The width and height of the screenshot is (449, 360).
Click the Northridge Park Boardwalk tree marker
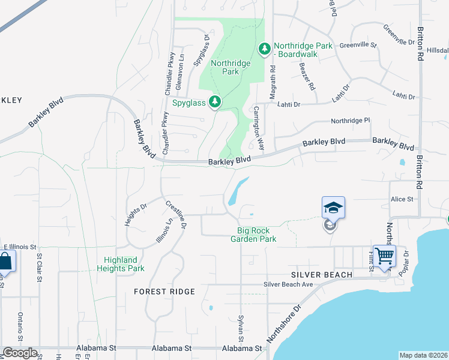point(264,48)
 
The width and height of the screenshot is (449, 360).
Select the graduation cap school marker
point(333,208)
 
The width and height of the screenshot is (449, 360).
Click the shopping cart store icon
point(384,256)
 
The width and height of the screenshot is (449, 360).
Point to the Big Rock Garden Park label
point(253,235)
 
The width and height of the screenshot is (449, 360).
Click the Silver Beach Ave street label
point(288,284)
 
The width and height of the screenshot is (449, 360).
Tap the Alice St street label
point(402,199)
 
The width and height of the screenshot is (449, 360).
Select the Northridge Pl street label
point(351,121)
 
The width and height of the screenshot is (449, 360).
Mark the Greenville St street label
point(358,45)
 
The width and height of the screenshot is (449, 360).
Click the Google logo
point(20,353)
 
